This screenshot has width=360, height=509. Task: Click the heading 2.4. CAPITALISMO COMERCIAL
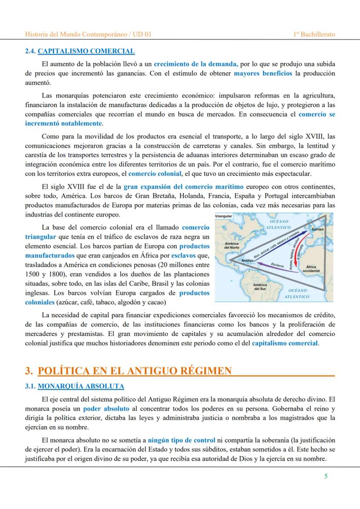[80, 51]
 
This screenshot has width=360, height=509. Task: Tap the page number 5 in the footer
[326, 476]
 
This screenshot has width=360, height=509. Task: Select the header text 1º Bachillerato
[314, 34]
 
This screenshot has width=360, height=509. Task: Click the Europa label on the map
[317, 229]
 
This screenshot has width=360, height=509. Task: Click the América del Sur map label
[260, 286]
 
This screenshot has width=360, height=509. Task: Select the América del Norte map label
[230, 246]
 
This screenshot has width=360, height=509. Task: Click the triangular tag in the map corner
[224, 216]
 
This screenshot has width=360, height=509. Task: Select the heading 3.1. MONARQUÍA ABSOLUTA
[75, 386]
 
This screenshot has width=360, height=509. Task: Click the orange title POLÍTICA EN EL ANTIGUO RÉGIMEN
[135, 371]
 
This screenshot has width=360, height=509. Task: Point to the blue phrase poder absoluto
[106, 409]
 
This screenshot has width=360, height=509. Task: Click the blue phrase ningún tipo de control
[181, 440]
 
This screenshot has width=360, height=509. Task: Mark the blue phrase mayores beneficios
[263, 73]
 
